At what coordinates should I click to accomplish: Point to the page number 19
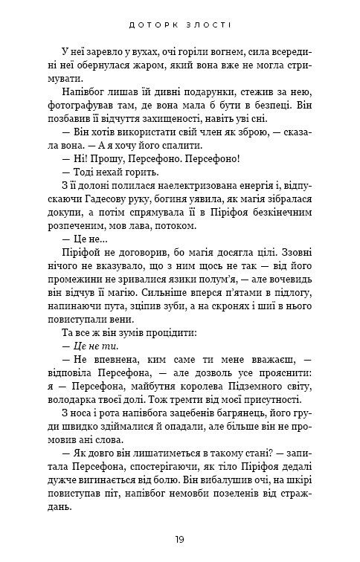(x=179, y=538)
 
